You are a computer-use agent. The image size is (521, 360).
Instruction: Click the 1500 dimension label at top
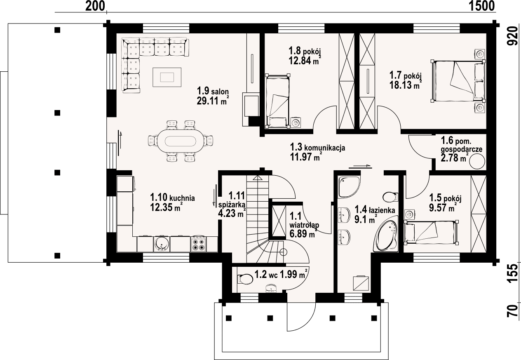pyautogui.click(x=481, y=6)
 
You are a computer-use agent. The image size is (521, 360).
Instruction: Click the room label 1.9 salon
pyautogui.click(x=213, y=91)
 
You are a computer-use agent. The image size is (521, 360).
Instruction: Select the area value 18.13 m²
pyautogui.click(x=406, y=85)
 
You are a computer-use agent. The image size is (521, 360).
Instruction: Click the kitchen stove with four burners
pyautogui.click(x=198, y=244)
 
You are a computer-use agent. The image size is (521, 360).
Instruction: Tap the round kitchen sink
pyautogui.click(x=162, y=244)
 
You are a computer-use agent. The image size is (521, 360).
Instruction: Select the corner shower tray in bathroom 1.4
pyautogui.click(x=349, y=187)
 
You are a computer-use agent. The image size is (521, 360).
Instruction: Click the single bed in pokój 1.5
pyautogui.click(x=432, y=233)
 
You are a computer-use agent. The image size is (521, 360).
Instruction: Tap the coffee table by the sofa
pyautogui.click(x=167, y=77)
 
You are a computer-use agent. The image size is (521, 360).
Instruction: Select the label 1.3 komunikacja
pyautogui.click(x=317, y=147)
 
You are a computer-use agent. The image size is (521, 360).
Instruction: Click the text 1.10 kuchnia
pyautogui.click(x=172, y=198)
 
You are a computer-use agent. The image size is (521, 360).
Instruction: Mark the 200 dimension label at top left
pyautogui.click(x=95, y=6)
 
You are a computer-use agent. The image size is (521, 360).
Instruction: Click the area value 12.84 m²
pyautogui.click(x=303, y=60)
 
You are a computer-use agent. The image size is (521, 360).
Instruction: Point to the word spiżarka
pyautogui.click(x=232, y=205)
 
